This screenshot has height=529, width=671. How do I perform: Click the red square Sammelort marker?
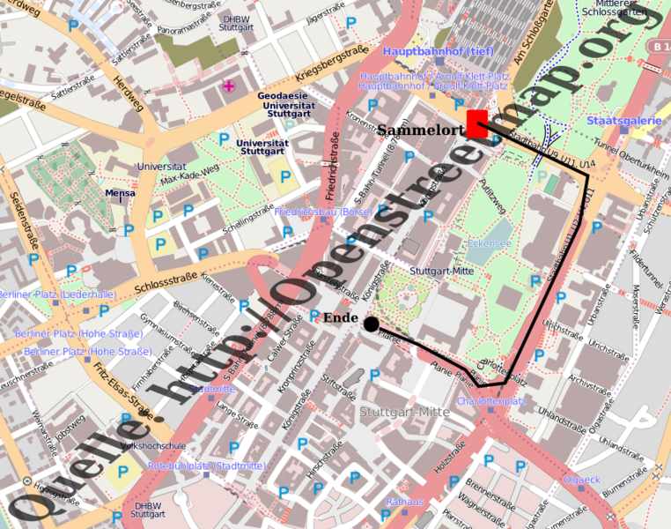coord(477,123)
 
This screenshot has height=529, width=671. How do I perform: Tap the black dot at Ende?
coord(372,324)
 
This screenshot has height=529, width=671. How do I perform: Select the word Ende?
coord(341,317)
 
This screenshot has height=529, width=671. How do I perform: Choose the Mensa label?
coord(120,192)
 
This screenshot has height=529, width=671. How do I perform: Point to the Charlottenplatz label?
coord(491,401)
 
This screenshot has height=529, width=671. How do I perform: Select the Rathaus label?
coord(404,502)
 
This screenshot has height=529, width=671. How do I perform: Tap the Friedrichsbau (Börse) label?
coord(323,212)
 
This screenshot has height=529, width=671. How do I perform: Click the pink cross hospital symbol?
coord(230,86)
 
